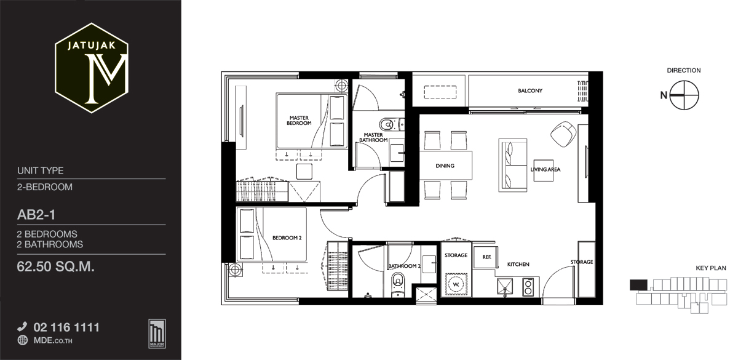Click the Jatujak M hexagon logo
click(x=92, y=68)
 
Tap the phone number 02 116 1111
click(x=66, y=327)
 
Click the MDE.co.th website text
click(x=53, y=340)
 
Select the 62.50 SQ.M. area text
click(x=56, y=266)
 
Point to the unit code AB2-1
click(x=36, y=215)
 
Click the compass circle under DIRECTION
click(x=684, y=95)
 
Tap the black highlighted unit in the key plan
click(x=638, y=285)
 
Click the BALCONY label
click(x=530, y=90)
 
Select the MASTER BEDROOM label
click(x=299, y=121)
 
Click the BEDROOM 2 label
click(x=287, y=238)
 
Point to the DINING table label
click(x=445, y=166)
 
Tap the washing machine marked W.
click(x=456, y=284)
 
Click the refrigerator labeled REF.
click(x=485, y=257)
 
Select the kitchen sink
click(x=505, y=286)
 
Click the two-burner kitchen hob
click(x=528, y=287)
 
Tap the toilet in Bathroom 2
click(x=398, y=284)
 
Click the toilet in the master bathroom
click(x=391, y=124)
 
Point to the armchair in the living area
click(x=563, y=134)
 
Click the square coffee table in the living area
click(x=543, y=170)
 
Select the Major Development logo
click(x=157, y=334)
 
